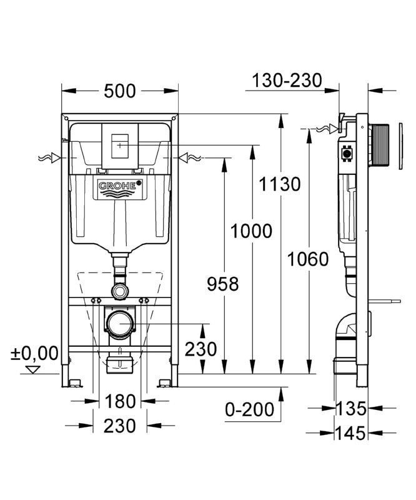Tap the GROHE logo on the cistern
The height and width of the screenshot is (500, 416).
point(118,186)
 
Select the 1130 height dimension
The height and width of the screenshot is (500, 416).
point(282,184)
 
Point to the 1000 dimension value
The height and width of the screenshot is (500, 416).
point(251,231)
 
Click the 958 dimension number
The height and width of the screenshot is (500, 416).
point(222,284)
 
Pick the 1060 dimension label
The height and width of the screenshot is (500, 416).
point(308,258)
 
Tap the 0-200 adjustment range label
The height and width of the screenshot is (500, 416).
point(250,410)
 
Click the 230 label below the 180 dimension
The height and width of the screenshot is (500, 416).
point(121,426)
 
